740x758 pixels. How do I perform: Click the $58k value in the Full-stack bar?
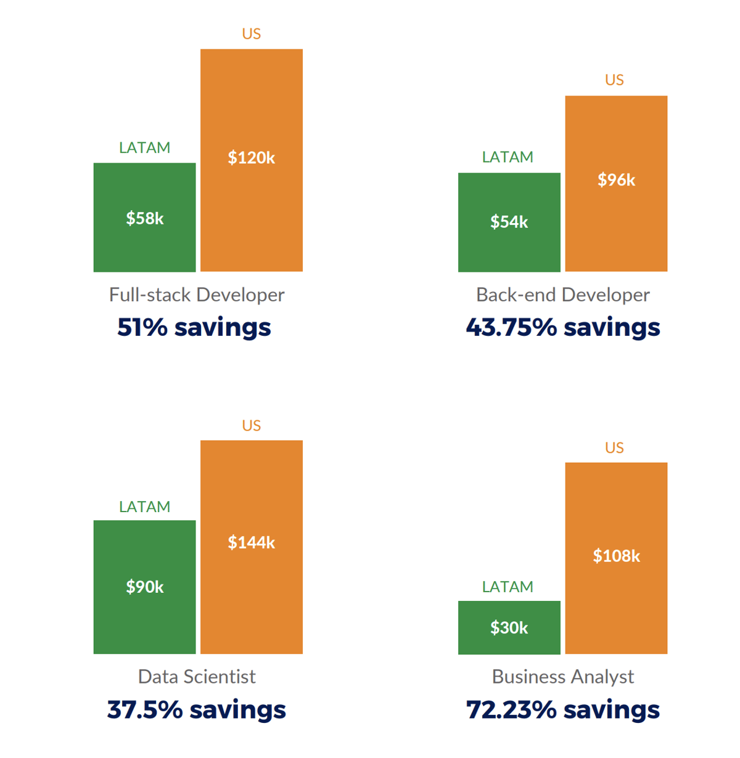pos(145,218)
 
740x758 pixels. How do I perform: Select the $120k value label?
pos(252,158)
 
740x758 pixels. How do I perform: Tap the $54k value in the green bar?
pos(509,222)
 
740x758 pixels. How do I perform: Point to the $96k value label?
pos(616,180)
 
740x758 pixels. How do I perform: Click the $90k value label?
pos(145,587)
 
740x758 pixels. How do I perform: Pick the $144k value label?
pos(252,542)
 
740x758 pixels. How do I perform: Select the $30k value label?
pos(509,628)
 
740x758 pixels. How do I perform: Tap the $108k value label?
pos(616,556)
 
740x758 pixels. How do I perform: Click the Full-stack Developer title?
pos(197,295)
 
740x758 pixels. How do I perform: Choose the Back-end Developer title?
pos(562,295)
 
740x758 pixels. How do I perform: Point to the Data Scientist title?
pos(197,677)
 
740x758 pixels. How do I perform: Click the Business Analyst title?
pos(562,677)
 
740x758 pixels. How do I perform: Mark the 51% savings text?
pos(194,327)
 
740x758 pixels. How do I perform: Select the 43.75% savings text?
pos(562,327)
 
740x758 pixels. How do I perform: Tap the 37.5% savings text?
pos(196,709)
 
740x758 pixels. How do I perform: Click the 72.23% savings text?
pos(562,709)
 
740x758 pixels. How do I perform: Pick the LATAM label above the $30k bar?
pos(508,587)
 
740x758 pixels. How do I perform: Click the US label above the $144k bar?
pos(252,426)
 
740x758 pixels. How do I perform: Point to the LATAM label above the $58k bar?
pos(144,148)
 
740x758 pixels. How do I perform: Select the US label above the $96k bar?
pos(614,80)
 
